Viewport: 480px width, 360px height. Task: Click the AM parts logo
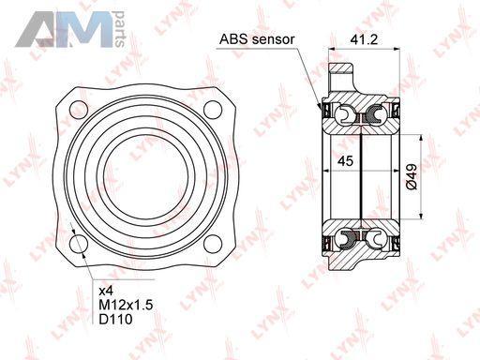tap(70, 29)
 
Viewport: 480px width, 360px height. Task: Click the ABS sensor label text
tap(257, 39)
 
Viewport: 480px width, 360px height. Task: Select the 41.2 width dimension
tap(364, 39)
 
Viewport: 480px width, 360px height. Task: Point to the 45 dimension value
tap(346, 161)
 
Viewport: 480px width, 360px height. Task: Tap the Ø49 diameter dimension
tap(412, 176)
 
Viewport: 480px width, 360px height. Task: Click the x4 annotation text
tap(106, 292)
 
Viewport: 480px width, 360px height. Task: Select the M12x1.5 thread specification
tap(126, 305)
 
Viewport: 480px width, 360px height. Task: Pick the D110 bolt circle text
tap(115, 319)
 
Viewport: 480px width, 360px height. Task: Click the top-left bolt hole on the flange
tap(79, 110)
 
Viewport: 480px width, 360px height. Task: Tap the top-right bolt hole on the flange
tap(213, 110)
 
